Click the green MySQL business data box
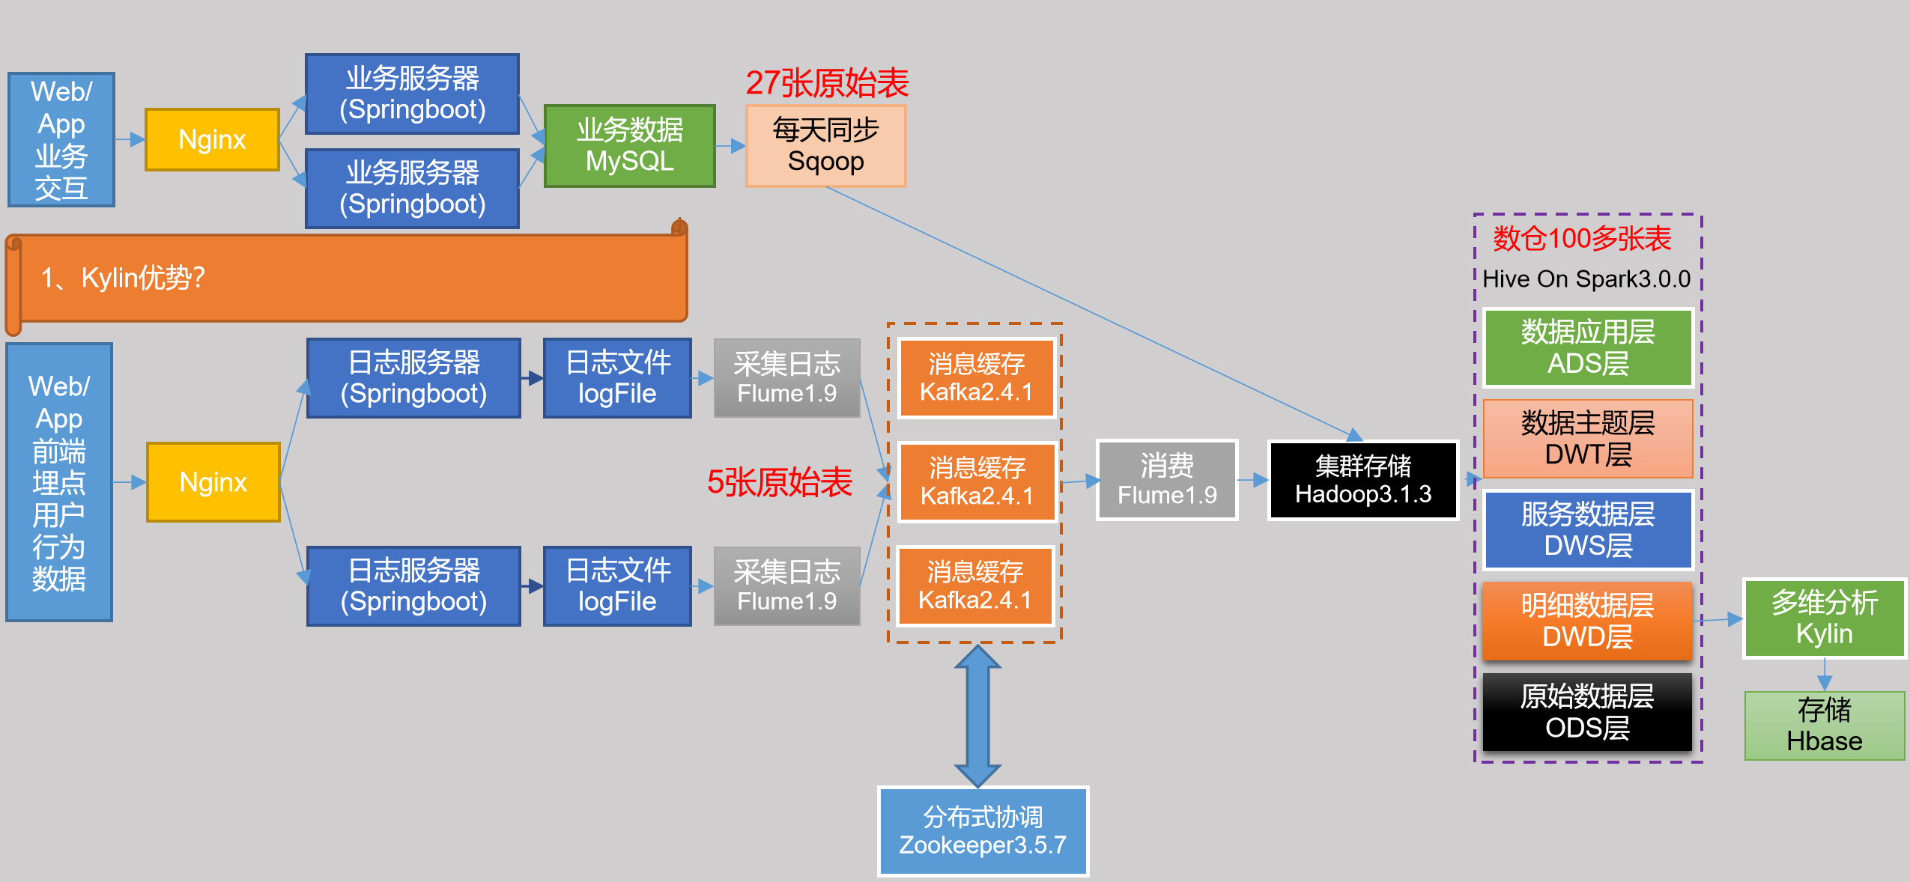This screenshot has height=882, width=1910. coord(629,146)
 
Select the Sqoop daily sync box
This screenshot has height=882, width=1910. coord(825,146)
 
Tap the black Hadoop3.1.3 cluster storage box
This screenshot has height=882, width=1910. coord(1362,480)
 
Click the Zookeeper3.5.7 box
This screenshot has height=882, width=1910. coord(983,831)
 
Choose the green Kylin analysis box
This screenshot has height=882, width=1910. coord(1824,618)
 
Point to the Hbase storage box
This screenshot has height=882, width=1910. coord(1824,726)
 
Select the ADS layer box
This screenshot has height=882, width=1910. coord(1588,347)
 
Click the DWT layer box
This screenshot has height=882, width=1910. coord(1588,439)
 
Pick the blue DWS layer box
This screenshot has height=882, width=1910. coord(1588,530)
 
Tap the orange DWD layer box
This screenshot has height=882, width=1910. coord(1588,621)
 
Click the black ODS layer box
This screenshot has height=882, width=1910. coord(1588,712)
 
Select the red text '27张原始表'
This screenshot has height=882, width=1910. coord(827,83)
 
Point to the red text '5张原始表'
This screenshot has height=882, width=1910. coord(779,482)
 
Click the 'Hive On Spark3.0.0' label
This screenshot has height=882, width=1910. coord(1586,279)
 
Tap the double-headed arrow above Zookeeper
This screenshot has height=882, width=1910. coord(977,715)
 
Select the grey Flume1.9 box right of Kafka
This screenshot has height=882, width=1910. coord(1167,480)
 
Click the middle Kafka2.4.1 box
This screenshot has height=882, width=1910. coord(977,482)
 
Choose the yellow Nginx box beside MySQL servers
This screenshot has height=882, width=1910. coord(212,140)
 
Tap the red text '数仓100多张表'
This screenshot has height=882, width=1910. coord(1582,239)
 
